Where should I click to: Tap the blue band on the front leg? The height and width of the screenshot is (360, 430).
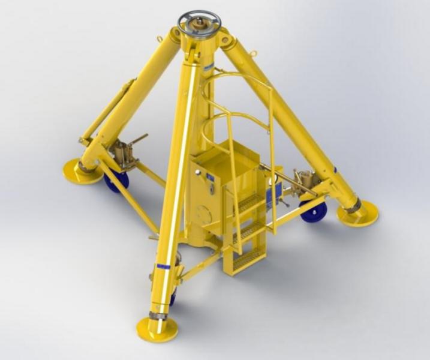(x=163, y=265)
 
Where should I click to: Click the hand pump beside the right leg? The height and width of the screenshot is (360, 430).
(x=303, y=178)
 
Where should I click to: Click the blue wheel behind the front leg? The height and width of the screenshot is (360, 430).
(x=173, y=296)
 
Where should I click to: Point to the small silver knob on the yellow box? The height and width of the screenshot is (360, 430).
(x=212, y=189)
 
